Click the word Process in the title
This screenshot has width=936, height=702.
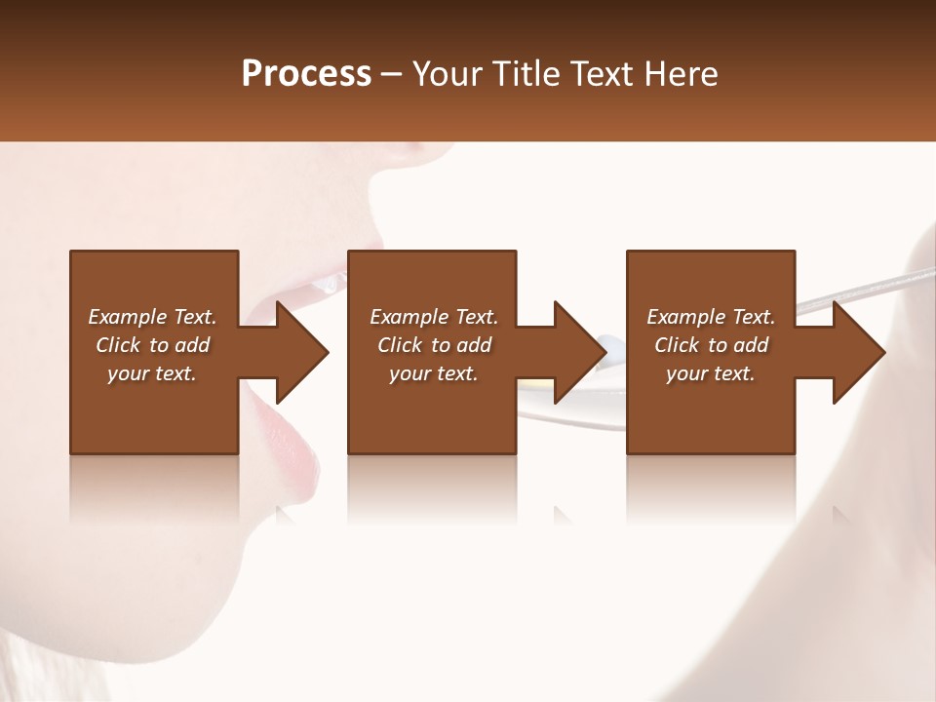[306, 73]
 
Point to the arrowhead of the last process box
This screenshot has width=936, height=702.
[857, 352]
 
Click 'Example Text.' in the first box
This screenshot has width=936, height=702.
[152, 317]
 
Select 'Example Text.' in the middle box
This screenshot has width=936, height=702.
[434, 317]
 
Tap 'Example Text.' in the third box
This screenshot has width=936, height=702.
[711, 317]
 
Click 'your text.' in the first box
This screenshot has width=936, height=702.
[152, 373]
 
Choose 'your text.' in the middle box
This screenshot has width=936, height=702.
[434, 373]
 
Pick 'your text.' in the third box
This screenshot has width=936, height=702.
[711, 373]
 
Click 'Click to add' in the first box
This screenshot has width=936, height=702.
[152, 345]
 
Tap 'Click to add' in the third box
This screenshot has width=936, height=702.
[711, 345]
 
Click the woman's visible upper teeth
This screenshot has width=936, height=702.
[327, 284]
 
